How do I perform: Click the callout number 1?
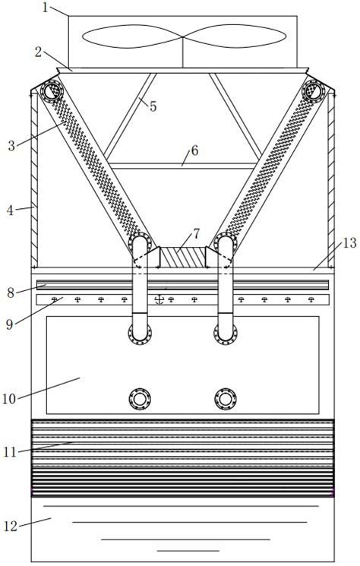[x=45, y=7]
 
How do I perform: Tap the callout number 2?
[x=39, y=52]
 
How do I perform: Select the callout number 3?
[x=11, y=146]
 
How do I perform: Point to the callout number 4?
[x=10, y=210]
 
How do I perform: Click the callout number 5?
[x=153, y=106]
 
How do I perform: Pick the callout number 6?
[x=194, y=150]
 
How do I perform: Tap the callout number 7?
[x=196, y=234]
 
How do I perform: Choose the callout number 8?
[x=11, y=292]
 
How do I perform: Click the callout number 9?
[x=10, y=324]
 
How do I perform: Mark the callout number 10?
[x=9, y=399]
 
